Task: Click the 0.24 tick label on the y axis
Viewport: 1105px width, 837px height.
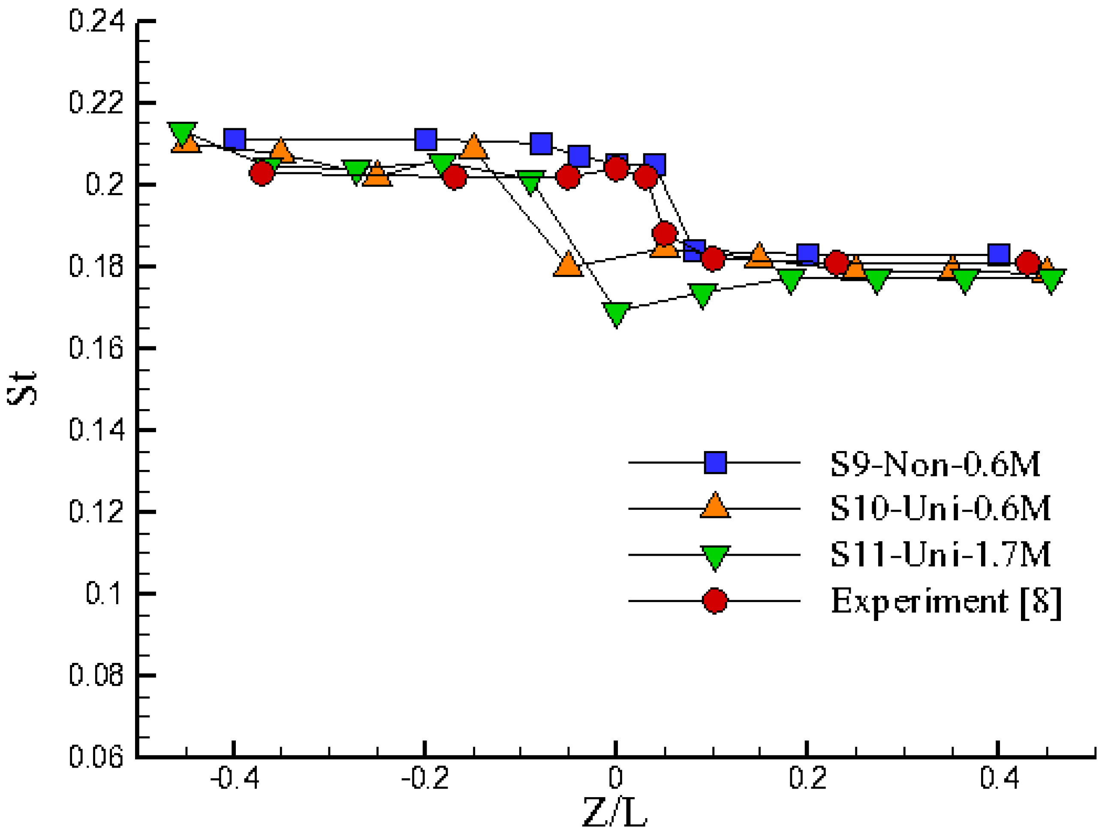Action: point(96,21)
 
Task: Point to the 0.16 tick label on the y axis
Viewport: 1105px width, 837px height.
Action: point(96,348)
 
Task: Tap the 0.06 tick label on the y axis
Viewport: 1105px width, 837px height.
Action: point(96,757)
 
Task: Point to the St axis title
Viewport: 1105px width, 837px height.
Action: point(22,388)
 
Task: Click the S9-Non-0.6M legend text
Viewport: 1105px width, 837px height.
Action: point(935,465)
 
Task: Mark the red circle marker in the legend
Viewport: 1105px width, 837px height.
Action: point(715,601)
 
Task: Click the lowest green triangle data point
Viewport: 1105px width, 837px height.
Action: point(617,313)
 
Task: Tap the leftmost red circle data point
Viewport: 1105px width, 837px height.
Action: point(262,174)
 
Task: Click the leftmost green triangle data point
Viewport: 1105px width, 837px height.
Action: point(182,132)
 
